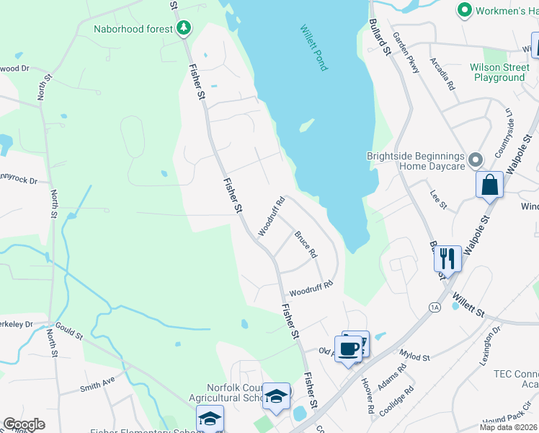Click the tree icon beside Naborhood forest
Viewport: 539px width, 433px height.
tap(184, 28)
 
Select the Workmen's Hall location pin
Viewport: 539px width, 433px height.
tap(464, 10)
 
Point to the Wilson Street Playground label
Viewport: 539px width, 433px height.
tap(497, 72)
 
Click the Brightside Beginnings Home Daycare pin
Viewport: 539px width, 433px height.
tap(475, 159)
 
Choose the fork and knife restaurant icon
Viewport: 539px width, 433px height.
tap(447, 258)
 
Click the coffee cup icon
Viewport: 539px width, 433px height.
tap(349, 349)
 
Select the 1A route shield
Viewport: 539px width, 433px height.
tap(434, 307)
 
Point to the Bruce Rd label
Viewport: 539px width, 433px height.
tap(306, 244)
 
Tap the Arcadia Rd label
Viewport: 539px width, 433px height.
tap(442, 74)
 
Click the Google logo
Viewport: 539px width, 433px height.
tap(24, 424)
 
